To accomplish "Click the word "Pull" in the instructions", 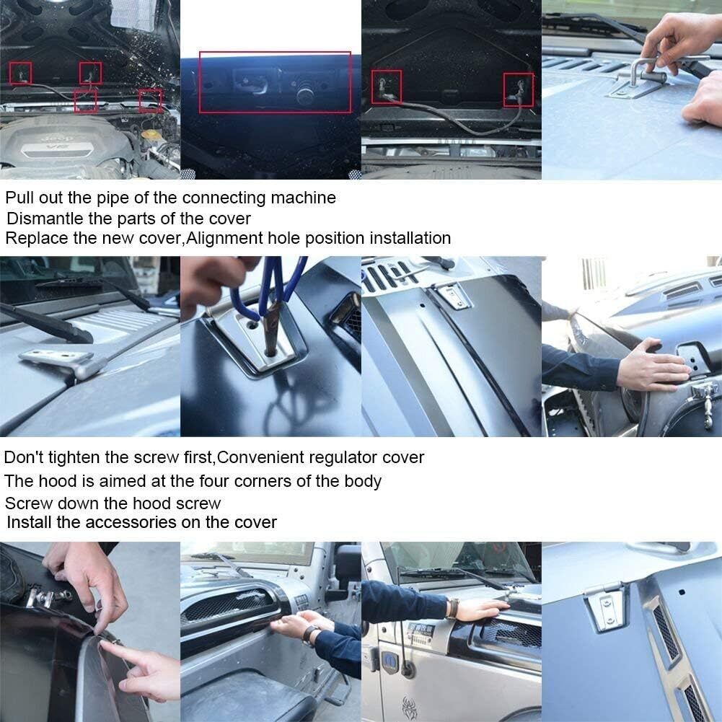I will tap(20, 197).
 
